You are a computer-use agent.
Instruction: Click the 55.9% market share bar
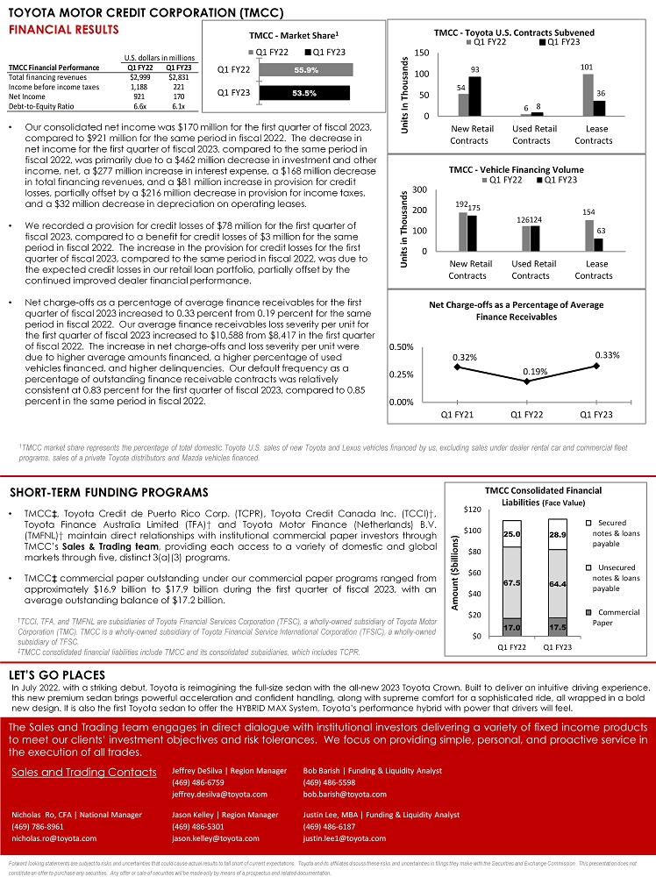[306, 69]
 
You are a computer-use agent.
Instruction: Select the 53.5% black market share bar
[304, 92]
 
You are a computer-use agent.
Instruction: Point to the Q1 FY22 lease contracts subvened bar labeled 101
[588, 95]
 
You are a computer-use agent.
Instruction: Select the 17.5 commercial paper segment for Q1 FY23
[556, 627]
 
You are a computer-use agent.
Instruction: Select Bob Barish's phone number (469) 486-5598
[329, 782]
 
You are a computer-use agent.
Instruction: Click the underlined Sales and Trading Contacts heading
[83, 773]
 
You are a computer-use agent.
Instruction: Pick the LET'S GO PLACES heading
[57, 675]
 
